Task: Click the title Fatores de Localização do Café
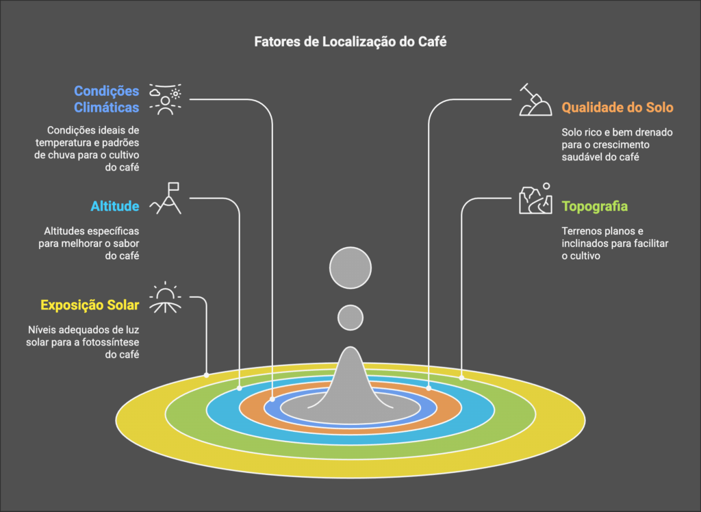click(x=350, y=42)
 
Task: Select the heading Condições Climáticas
click(x=106, y=99)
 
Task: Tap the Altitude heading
click(x=115, y=206)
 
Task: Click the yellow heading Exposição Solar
click(x=90, y=305)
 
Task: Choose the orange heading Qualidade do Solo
click(x=617, y=107)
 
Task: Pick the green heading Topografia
click(x=594, y=206)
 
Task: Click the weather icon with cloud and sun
click(x=166, y=100)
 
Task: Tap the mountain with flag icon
click(x=168, y=198)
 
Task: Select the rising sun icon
click(x=166, y=299)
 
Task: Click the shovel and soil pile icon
click(x=535, y=100)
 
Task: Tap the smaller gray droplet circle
click(x=350, y=317)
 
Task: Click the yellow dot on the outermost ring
click(x=207, y=374)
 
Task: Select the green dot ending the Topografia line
click(x=461, y=377)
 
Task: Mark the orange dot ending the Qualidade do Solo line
click(x=429, y=388)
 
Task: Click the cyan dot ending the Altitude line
click(x=240, y=388)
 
